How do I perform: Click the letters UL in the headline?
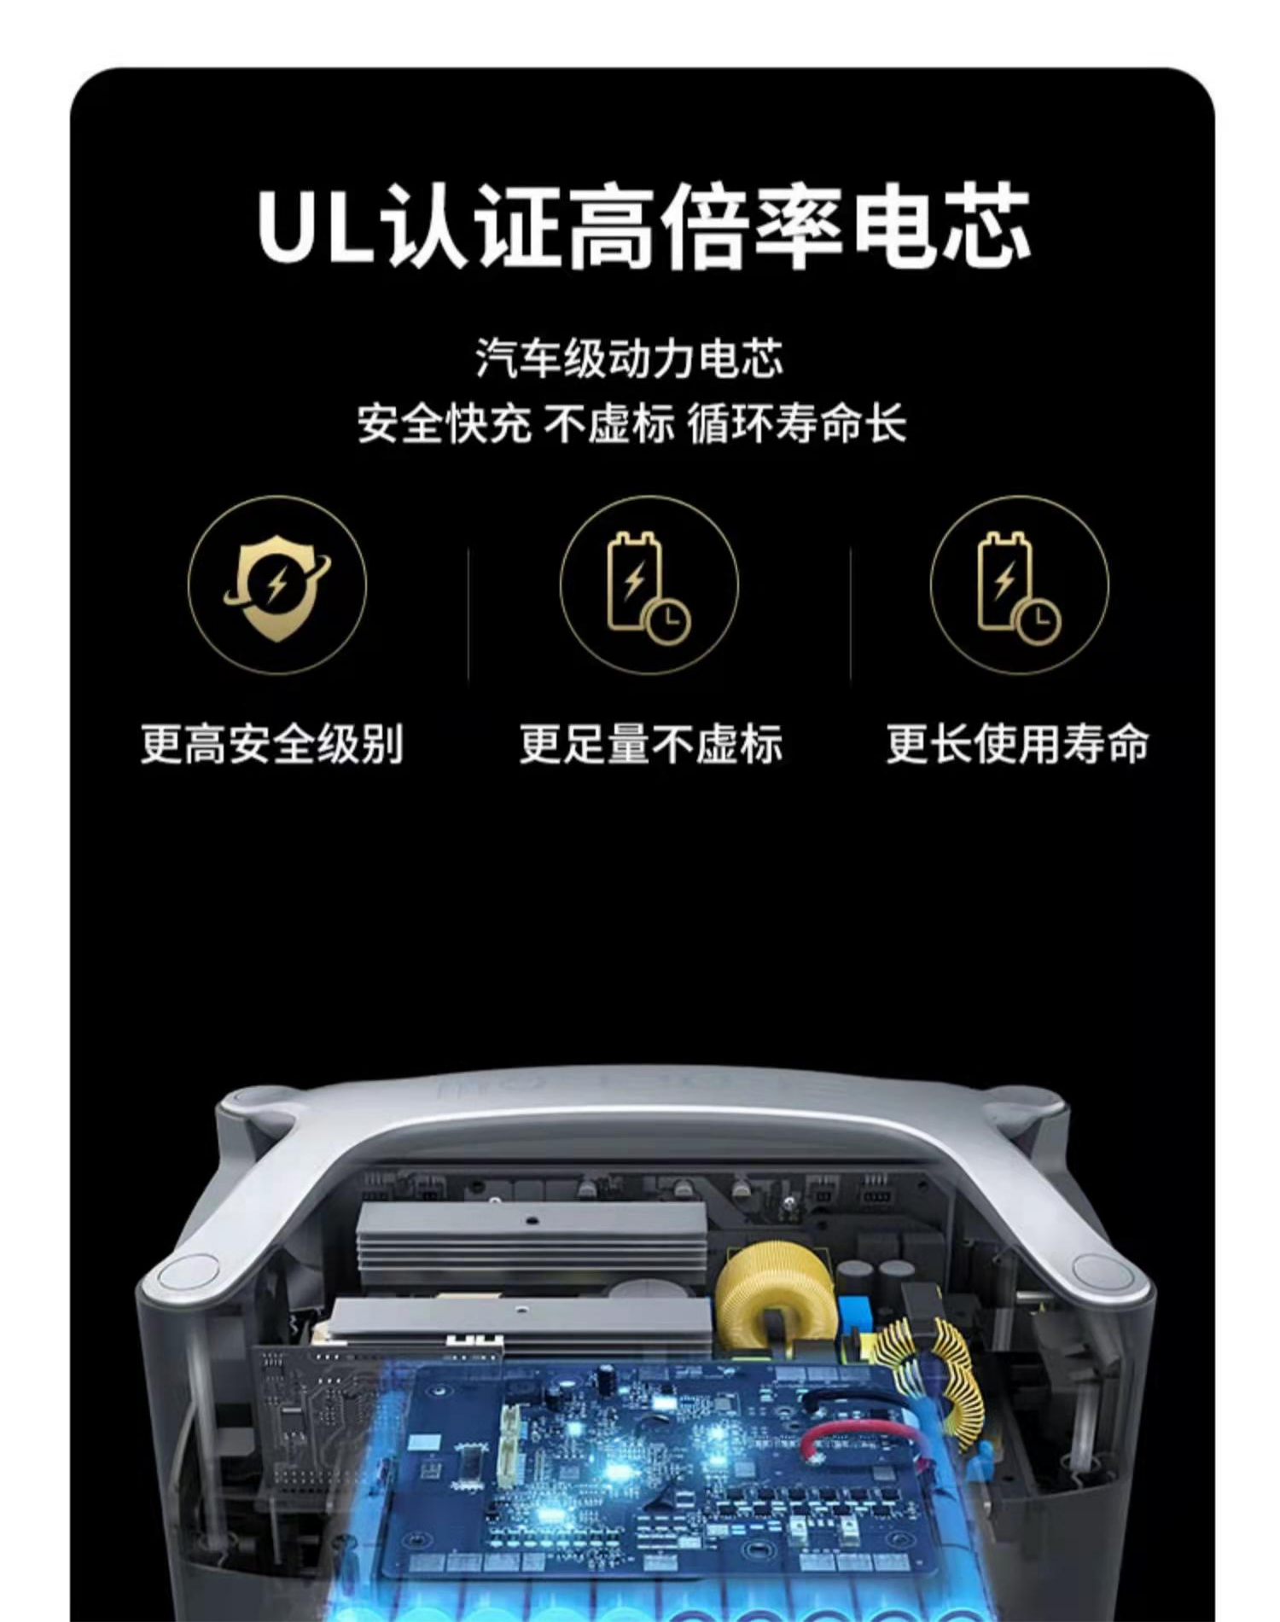315,225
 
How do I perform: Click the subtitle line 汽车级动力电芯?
630,358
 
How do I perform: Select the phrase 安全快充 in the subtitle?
444,423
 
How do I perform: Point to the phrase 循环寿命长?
797,423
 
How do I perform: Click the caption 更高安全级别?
272,743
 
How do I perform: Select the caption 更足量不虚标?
651,743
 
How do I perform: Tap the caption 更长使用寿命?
1017,743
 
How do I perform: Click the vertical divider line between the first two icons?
468,614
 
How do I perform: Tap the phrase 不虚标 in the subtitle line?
608,423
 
